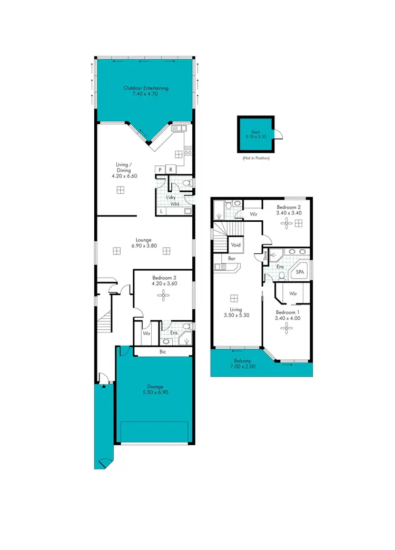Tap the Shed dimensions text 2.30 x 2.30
tap(255, 136)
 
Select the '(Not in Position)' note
tap(256, 158)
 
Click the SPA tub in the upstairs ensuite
tap(300, 272)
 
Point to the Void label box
tap(235, 245)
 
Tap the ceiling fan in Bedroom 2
tap(287, 223)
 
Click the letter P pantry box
tap(159, 170)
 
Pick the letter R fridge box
tap(171, 170)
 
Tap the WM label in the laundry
tap(174, 203)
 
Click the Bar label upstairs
tap(232, 259)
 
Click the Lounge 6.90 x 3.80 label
tap(143, 243)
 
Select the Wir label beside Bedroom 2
tap(253, 214)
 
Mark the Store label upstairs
tap(265, 256)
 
